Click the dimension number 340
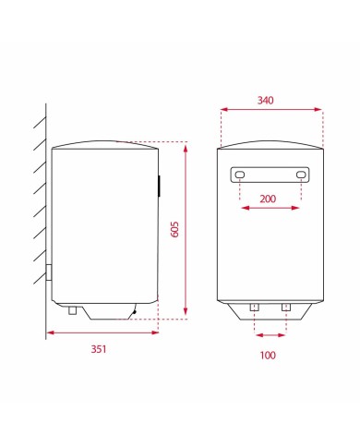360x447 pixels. pyautogui.click(x=270, y=100)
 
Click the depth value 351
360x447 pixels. pyautogui.click(x=100, y=349)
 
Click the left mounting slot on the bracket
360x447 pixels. pyautogui.click(x=240, y=176)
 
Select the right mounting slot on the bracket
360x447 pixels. pyautogui.click(x=301, y=176)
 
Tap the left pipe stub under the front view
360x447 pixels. pyautogui.click(x=255, y=307)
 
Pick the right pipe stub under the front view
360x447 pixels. pyautogui.click(x=286, y=307)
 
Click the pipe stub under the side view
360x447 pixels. pyautogui.click(x=71, y=310)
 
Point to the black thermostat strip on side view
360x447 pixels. pyautogui.click(x=159, y=185)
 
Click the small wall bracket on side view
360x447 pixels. pyautogui.click(x=48, y=273)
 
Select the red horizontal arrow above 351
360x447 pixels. pyautogui.click(x=101, y=332)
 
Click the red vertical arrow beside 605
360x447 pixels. pyautogui.click(x=186, y=229)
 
